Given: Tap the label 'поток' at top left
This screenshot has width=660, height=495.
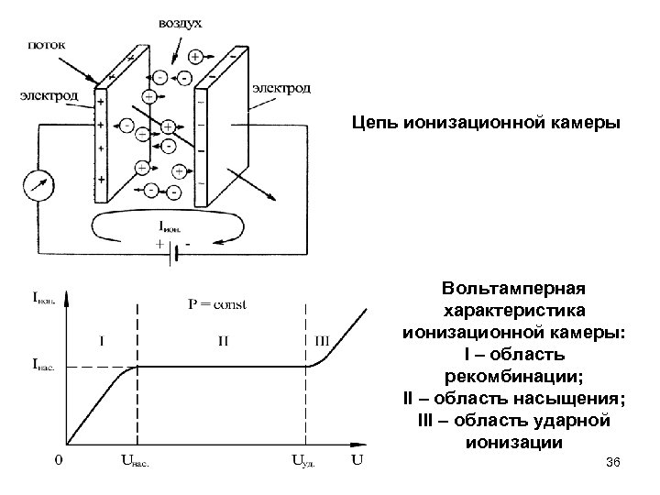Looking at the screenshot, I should [46, 42].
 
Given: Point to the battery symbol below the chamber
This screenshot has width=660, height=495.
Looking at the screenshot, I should [169, 258].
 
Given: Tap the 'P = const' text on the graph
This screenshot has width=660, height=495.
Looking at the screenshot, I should [216, 303].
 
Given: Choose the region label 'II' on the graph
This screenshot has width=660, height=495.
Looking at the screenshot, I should [223, 340].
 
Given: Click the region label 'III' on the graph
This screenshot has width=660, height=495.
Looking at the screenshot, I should [322, 340].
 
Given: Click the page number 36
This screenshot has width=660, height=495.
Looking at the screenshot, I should [613, 469].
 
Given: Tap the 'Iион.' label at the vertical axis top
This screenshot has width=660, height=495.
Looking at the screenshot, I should [45, 296].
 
